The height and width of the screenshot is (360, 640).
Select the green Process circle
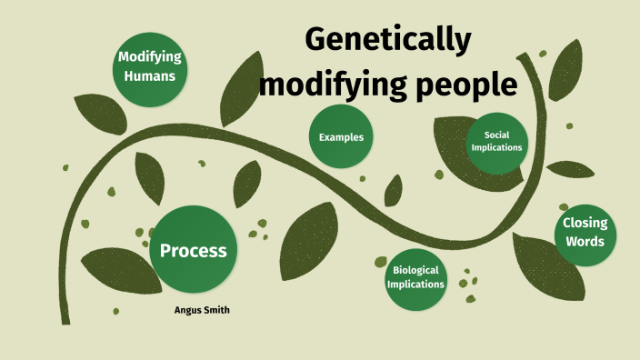pyautogui.click(x=193, y=250)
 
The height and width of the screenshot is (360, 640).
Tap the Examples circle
pyautogui.click(x=341, y=137)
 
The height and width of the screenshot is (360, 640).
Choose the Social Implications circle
pyautogui.click(x=496, y=141)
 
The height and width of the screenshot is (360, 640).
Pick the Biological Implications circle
pyautogui.click(x=415, y=276)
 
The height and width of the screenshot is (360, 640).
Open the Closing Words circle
pyautogui.click(x=585, y=233)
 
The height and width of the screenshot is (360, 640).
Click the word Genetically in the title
pyautogui.click(x=388, y=41)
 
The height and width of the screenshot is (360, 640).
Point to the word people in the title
pyautogui.click(x=465, y=85)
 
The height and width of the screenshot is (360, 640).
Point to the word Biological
pyautogui.click(x=415, y=270)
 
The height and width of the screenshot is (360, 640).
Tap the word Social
pyautogui.click(x=496, y=135)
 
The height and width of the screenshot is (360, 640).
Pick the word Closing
pyautogui.click(x=585, y=224)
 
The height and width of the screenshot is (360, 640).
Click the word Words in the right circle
pyautogui.click(x=585, y=242)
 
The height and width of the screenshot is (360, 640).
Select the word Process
pyautogui.click(x=193, y=251)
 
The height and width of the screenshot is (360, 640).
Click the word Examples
pyautogui.click(x=341, y=137)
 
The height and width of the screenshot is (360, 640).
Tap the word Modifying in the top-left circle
pyautogui.click(x=150, y=57)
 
